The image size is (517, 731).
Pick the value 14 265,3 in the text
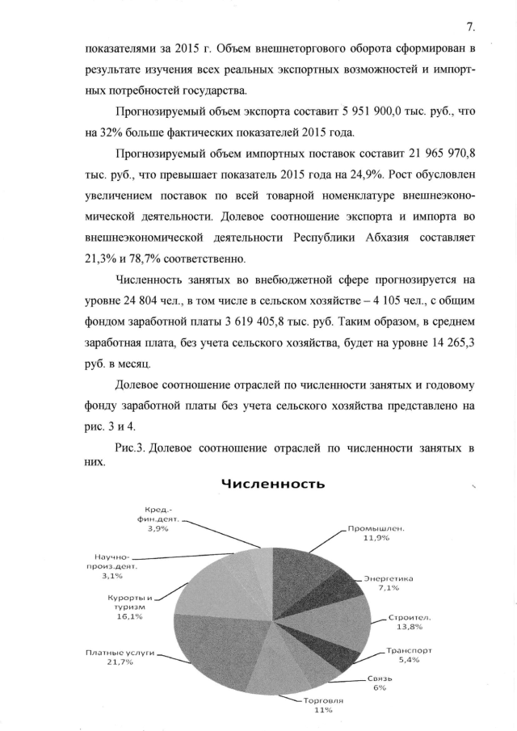click(x=443, y=345)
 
